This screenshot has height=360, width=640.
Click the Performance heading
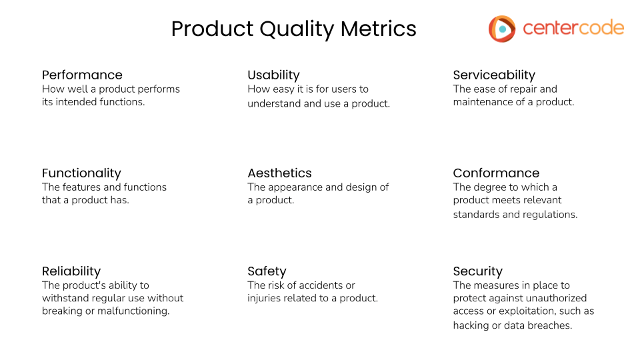[x=82, y=75]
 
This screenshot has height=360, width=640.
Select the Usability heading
[x=273, y=75]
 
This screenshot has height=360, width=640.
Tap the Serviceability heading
[x=494, y=75]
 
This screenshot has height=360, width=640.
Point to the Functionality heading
[x=81, y=173]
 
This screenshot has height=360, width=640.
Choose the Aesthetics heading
[x=279, y=173]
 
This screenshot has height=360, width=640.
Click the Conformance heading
[x=496, y=173]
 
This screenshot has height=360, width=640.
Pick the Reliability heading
[x=71, y=271]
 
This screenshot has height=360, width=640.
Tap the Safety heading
[x=267, y=271]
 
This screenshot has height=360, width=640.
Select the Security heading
[x=477, y=271]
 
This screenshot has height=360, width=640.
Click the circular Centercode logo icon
[x=502, y=29]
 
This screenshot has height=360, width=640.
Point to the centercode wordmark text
[x=573, y=28]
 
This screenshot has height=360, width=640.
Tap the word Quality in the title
[x=296, y=29]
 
